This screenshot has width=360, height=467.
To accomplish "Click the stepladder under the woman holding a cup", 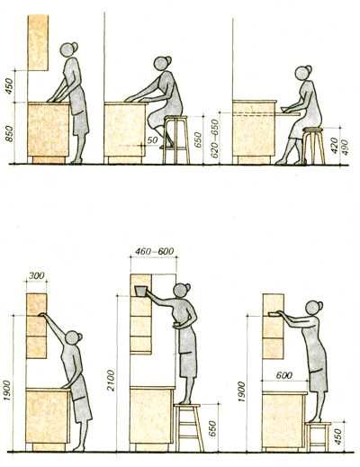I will click(x=188, y=427).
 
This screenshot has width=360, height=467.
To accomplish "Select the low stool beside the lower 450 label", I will click(x=319, y=436).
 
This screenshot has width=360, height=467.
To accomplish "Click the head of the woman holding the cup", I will click(x=183, y=292).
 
